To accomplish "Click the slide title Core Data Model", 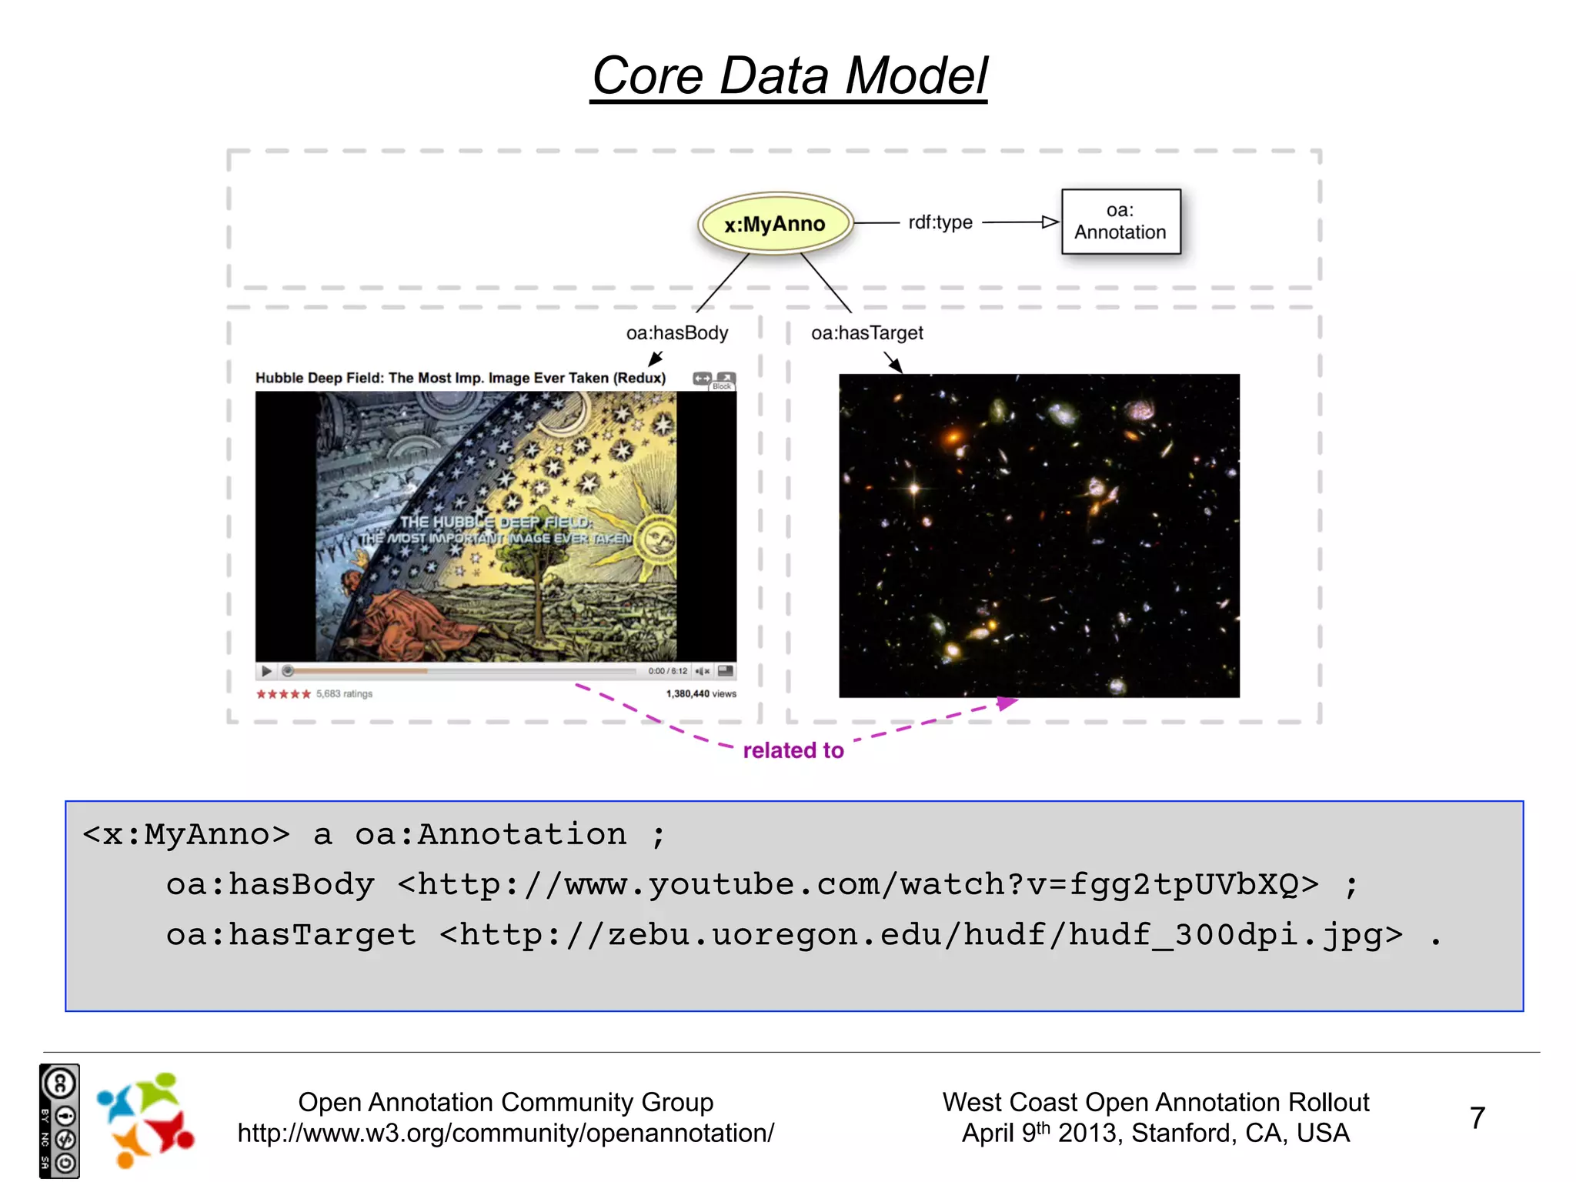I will point(789,76).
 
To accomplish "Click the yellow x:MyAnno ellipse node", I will point(774,224).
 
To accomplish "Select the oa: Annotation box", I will point(1120,222).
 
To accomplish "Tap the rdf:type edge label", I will point(940,222).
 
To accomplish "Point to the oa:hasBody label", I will point(676,333).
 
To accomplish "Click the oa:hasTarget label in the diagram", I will point(866,333).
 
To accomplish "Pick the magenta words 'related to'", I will point(793,750).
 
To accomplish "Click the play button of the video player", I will point(266,671).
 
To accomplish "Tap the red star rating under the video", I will point(283,694).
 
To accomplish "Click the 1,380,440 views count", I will point(700,694).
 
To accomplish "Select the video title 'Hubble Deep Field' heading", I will point(460,378).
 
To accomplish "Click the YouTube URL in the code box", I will point(858,885).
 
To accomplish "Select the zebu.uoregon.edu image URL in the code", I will point(921,935).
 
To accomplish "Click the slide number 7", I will point(1477,1117).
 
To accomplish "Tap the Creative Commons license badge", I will point(59,1120).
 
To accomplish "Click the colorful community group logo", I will point(145,1120).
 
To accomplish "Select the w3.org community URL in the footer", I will point(506,1133).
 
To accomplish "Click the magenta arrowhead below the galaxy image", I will point(1007,703).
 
